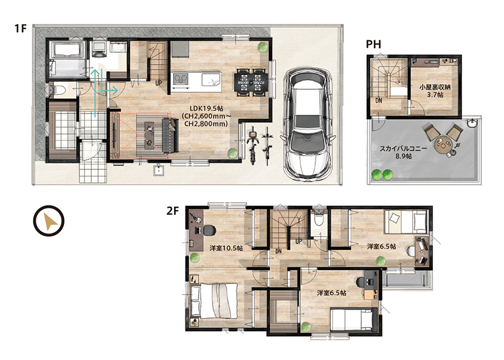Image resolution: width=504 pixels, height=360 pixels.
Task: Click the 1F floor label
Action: pos(20,29)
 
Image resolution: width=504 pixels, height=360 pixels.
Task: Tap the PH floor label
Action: pos(374,44)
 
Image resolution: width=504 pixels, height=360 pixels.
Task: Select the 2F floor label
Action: pos(172,211)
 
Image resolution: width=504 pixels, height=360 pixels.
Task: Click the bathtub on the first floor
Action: pos(67,50)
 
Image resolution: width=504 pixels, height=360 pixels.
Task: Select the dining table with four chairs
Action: pos(251,82)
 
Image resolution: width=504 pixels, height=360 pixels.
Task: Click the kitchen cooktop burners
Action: pos(181,79)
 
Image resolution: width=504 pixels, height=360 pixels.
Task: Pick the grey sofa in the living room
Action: pos(170,135)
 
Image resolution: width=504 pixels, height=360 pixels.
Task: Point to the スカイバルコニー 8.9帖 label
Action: pos(404,152)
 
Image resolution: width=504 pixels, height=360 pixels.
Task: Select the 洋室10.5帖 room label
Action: pos(226,248)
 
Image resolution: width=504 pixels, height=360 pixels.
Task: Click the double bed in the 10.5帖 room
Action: pos(214,301)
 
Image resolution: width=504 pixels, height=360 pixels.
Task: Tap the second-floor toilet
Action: pos(319,218)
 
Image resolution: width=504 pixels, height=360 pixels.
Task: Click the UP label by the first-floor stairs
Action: pos(159,83)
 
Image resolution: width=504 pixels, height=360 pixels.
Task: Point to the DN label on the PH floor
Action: pos(379,101)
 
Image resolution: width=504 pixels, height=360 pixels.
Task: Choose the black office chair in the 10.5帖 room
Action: pos(209,231)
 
